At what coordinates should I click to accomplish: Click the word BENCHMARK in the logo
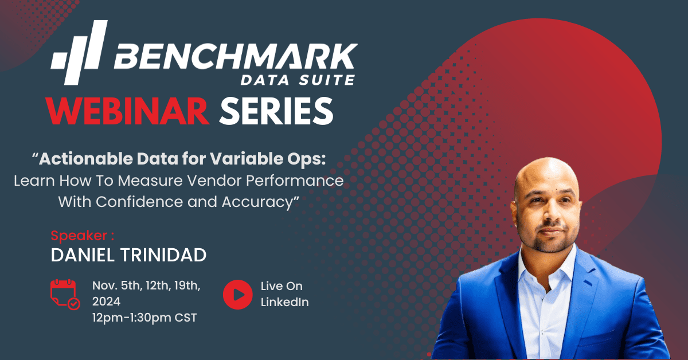236,56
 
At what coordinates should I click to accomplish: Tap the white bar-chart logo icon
79,53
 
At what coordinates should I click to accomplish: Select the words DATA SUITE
298,80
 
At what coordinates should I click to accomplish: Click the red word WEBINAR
127,111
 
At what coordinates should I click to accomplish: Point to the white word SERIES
276,111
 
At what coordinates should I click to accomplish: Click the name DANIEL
83,255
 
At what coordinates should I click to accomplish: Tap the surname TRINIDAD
163,255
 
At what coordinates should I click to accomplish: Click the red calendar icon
65,294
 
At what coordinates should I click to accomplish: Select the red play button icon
238,294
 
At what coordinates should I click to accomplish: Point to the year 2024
106,302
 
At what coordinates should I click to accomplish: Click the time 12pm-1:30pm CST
144,318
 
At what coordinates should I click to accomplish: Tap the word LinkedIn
285,302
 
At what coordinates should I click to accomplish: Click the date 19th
187,286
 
